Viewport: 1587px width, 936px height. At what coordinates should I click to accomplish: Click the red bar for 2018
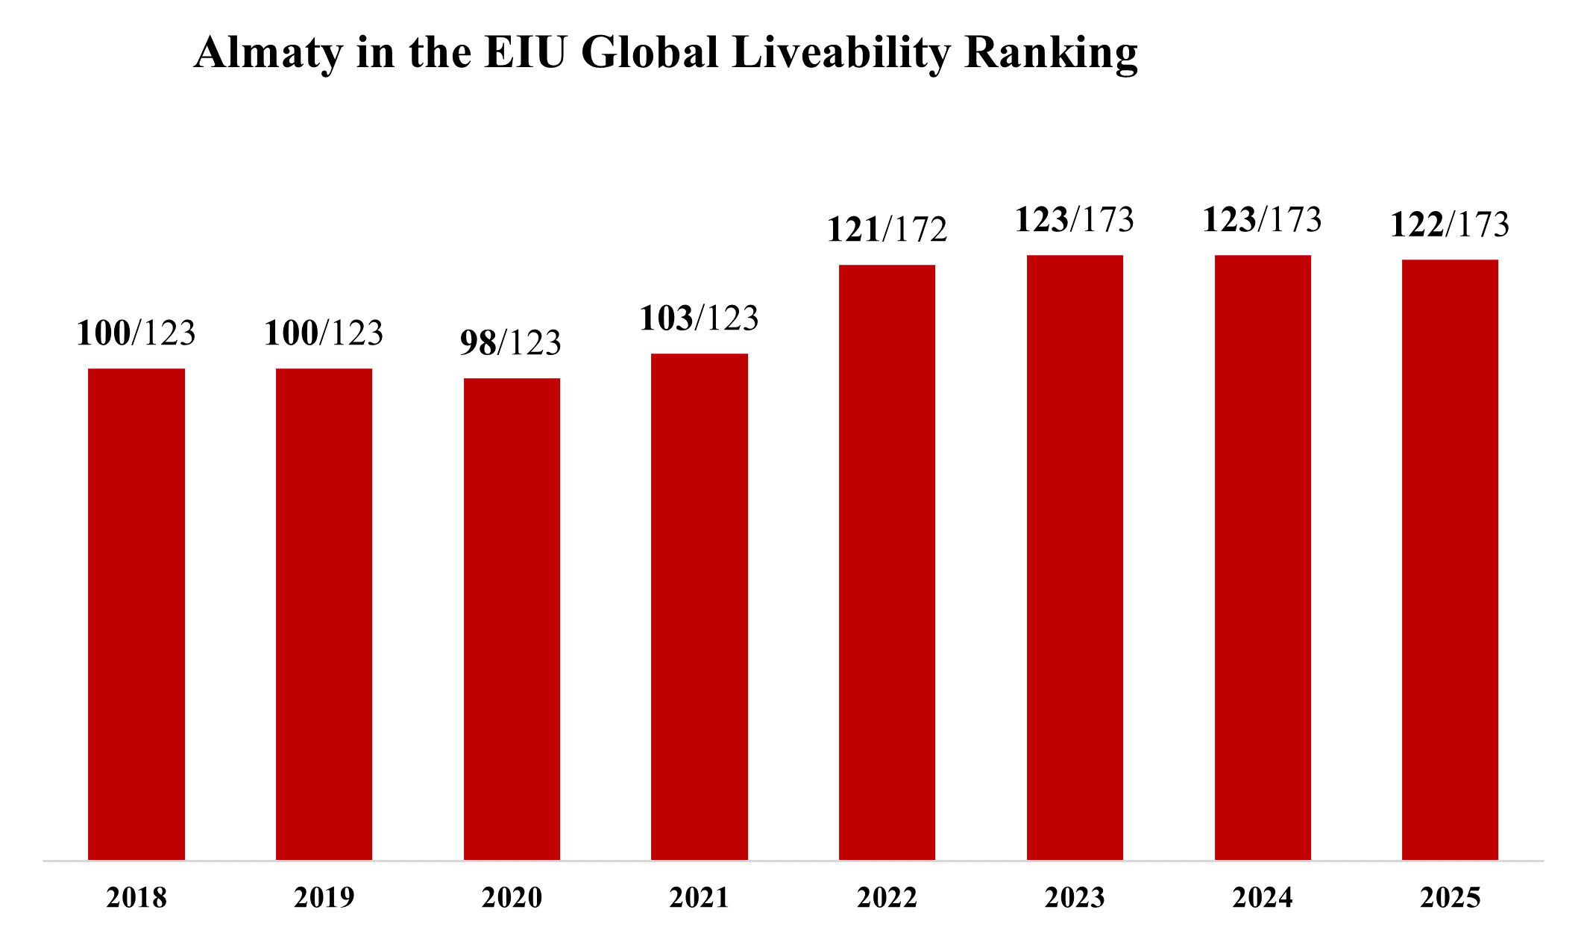pos(136,614)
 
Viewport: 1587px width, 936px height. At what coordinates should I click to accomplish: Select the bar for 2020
pos(512,619)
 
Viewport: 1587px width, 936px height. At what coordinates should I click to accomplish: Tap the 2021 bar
pos(700,606)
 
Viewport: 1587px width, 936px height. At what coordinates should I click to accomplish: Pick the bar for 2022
pos(887,562)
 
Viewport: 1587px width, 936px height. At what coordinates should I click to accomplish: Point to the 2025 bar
pos(1450,559)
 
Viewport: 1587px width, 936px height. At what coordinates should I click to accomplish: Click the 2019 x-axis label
pos(324,898)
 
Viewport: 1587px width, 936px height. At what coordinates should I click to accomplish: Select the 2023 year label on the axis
pos(1075,898)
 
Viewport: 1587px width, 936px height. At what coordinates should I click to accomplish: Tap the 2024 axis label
pos(1263,898)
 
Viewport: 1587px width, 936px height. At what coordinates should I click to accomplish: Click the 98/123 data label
pos(511,343)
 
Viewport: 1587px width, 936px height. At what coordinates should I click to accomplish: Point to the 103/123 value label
pos(699,318)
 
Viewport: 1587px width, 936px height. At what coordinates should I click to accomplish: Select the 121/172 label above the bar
pos(887,230)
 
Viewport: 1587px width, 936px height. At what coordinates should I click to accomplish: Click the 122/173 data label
pos(1450,224)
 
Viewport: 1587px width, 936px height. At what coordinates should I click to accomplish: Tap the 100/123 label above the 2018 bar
pos(136,333)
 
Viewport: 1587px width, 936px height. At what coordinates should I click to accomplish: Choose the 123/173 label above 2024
pos(1262,220)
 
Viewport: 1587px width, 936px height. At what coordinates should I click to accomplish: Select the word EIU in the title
pos(525,54)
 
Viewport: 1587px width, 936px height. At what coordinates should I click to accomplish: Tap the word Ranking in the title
pos(1051,54)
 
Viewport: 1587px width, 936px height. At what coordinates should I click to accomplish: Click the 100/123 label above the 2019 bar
pos(324,333)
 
